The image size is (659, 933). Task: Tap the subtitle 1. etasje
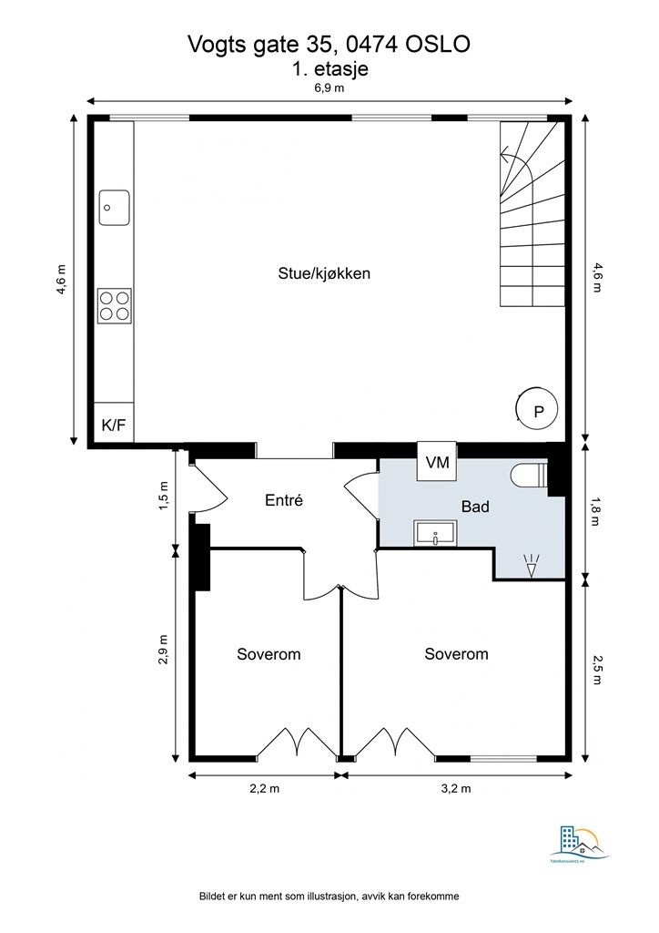tap(329, 67)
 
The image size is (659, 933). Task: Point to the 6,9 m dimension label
tap(329, 88)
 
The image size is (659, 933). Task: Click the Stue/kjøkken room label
tap(324, 273)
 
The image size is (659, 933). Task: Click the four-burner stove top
tap(114, 305)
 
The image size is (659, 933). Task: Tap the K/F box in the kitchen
tap(114, 425)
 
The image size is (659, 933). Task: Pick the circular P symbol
tap(537, 412)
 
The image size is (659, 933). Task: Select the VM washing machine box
tap(439, 462)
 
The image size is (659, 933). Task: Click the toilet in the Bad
tap(528, 477)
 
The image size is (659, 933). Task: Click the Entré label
tap(283, 499)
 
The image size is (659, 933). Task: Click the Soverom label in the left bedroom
tap(269, 654)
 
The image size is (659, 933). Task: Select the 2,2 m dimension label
tap(264, 790)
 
